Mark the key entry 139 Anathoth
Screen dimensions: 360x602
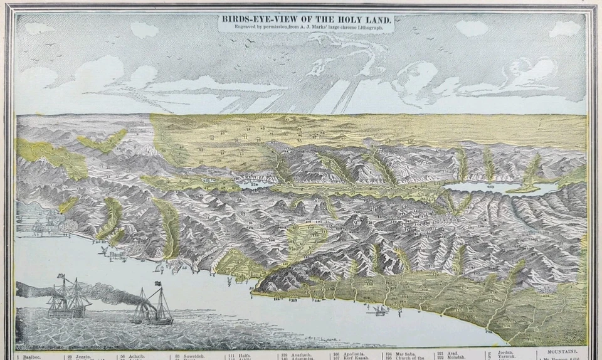(293, 355)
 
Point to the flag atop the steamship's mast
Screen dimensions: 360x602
(157, 284)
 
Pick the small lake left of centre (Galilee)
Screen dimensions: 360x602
(254, 184)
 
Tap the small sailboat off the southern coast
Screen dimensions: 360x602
(379, 310)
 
